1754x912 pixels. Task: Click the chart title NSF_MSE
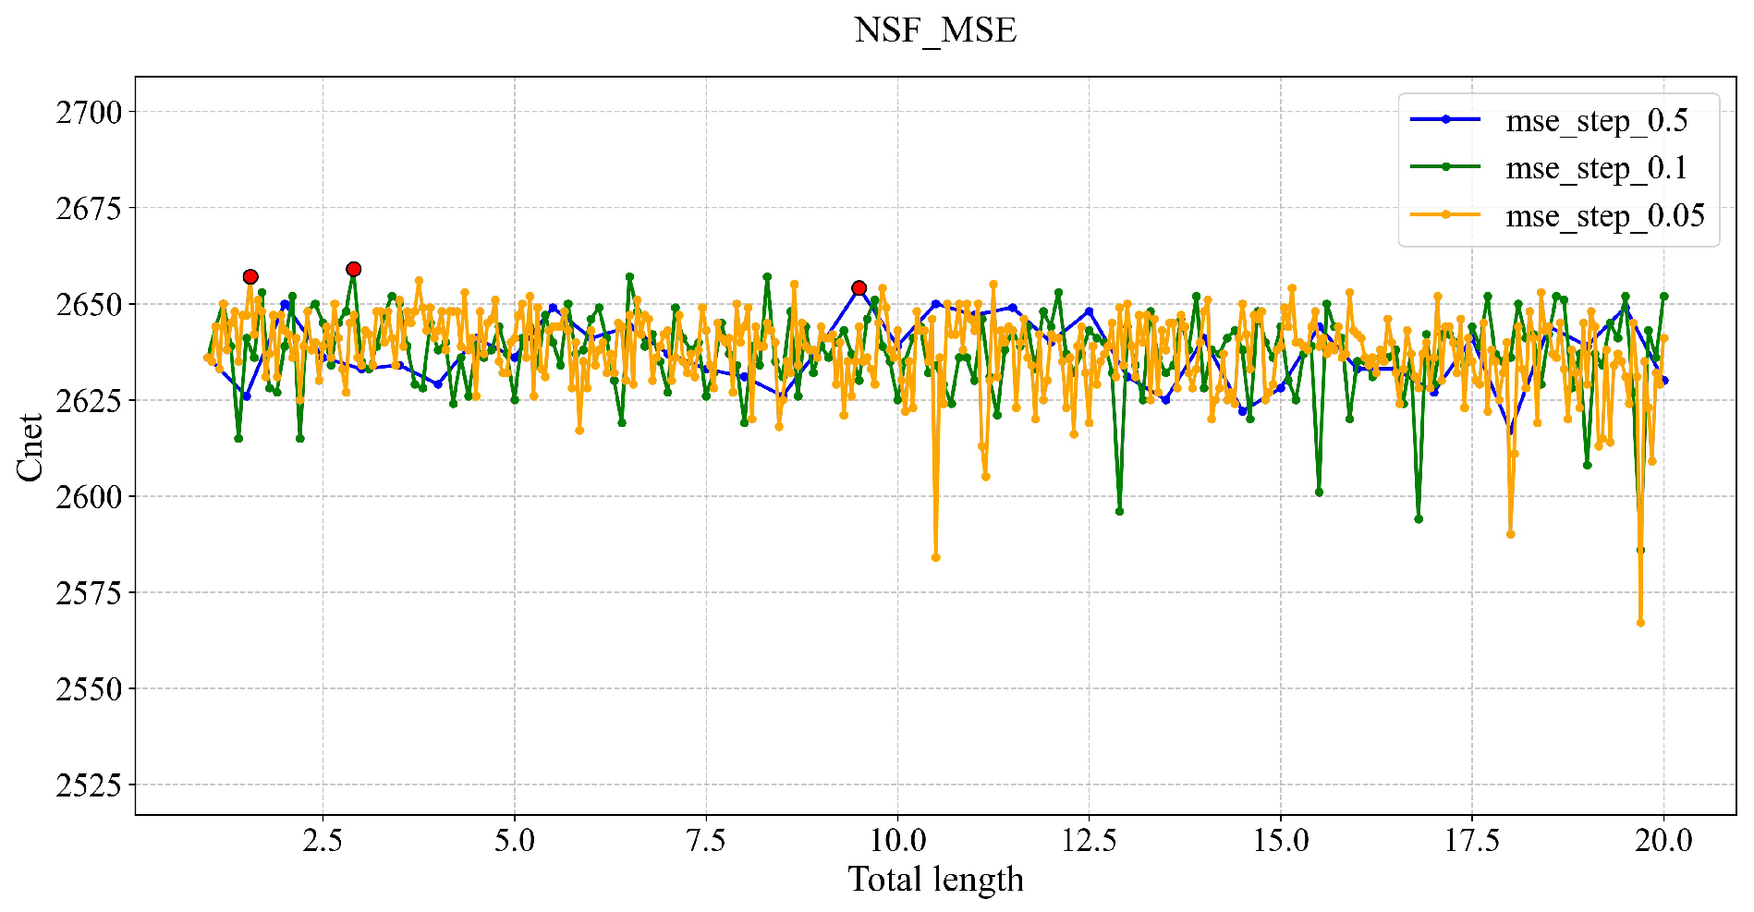[935, 30]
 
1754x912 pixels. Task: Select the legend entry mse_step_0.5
[1596, 120]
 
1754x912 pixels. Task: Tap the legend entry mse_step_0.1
[1596, 168]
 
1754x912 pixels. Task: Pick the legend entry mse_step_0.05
[1604, 216]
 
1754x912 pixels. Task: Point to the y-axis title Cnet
[30, 446]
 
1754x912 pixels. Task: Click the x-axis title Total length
[935, 879]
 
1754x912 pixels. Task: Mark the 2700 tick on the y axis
[89, 113]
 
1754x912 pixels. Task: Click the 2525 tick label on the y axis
[89, 785]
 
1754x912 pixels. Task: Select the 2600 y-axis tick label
[89, 497]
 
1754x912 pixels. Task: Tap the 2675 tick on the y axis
[89, 209]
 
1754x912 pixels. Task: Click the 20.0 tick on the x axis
[1663, 840]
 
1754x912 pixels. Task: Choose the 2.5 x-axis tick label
[323, 840]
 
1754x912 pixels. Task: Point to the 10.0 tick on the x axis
[897, 840]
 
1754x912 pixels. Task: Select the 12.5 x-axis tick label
[1089, 840]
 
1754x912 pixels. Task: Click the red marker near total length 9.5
[859, 288]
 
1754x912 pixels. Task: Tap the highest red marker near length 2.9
[353, 269]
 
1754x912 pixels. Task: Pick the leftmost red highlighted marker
[250, 276]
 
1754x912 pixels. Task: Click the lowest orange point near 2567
[1640, 623]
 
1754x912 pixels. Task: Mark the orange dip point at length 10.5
[935, 557]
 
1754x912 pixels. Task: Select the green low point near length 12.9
[1119, 511]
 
